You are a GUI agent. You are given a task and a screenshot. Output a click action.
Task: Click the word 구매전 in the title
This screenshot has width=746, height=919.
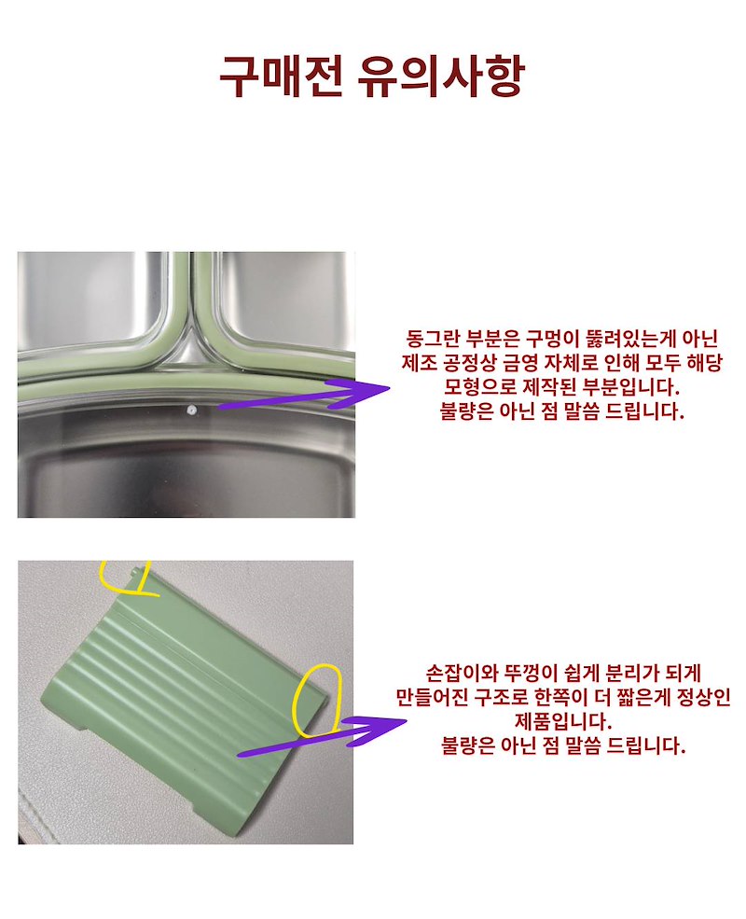281,77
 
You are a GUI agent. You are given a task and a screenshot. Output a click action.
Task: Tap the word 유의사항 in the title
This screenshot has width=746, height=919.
440,77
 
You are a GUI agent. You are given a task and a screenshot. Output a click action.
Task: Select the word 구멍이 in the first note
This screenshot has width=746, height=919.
552,340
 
